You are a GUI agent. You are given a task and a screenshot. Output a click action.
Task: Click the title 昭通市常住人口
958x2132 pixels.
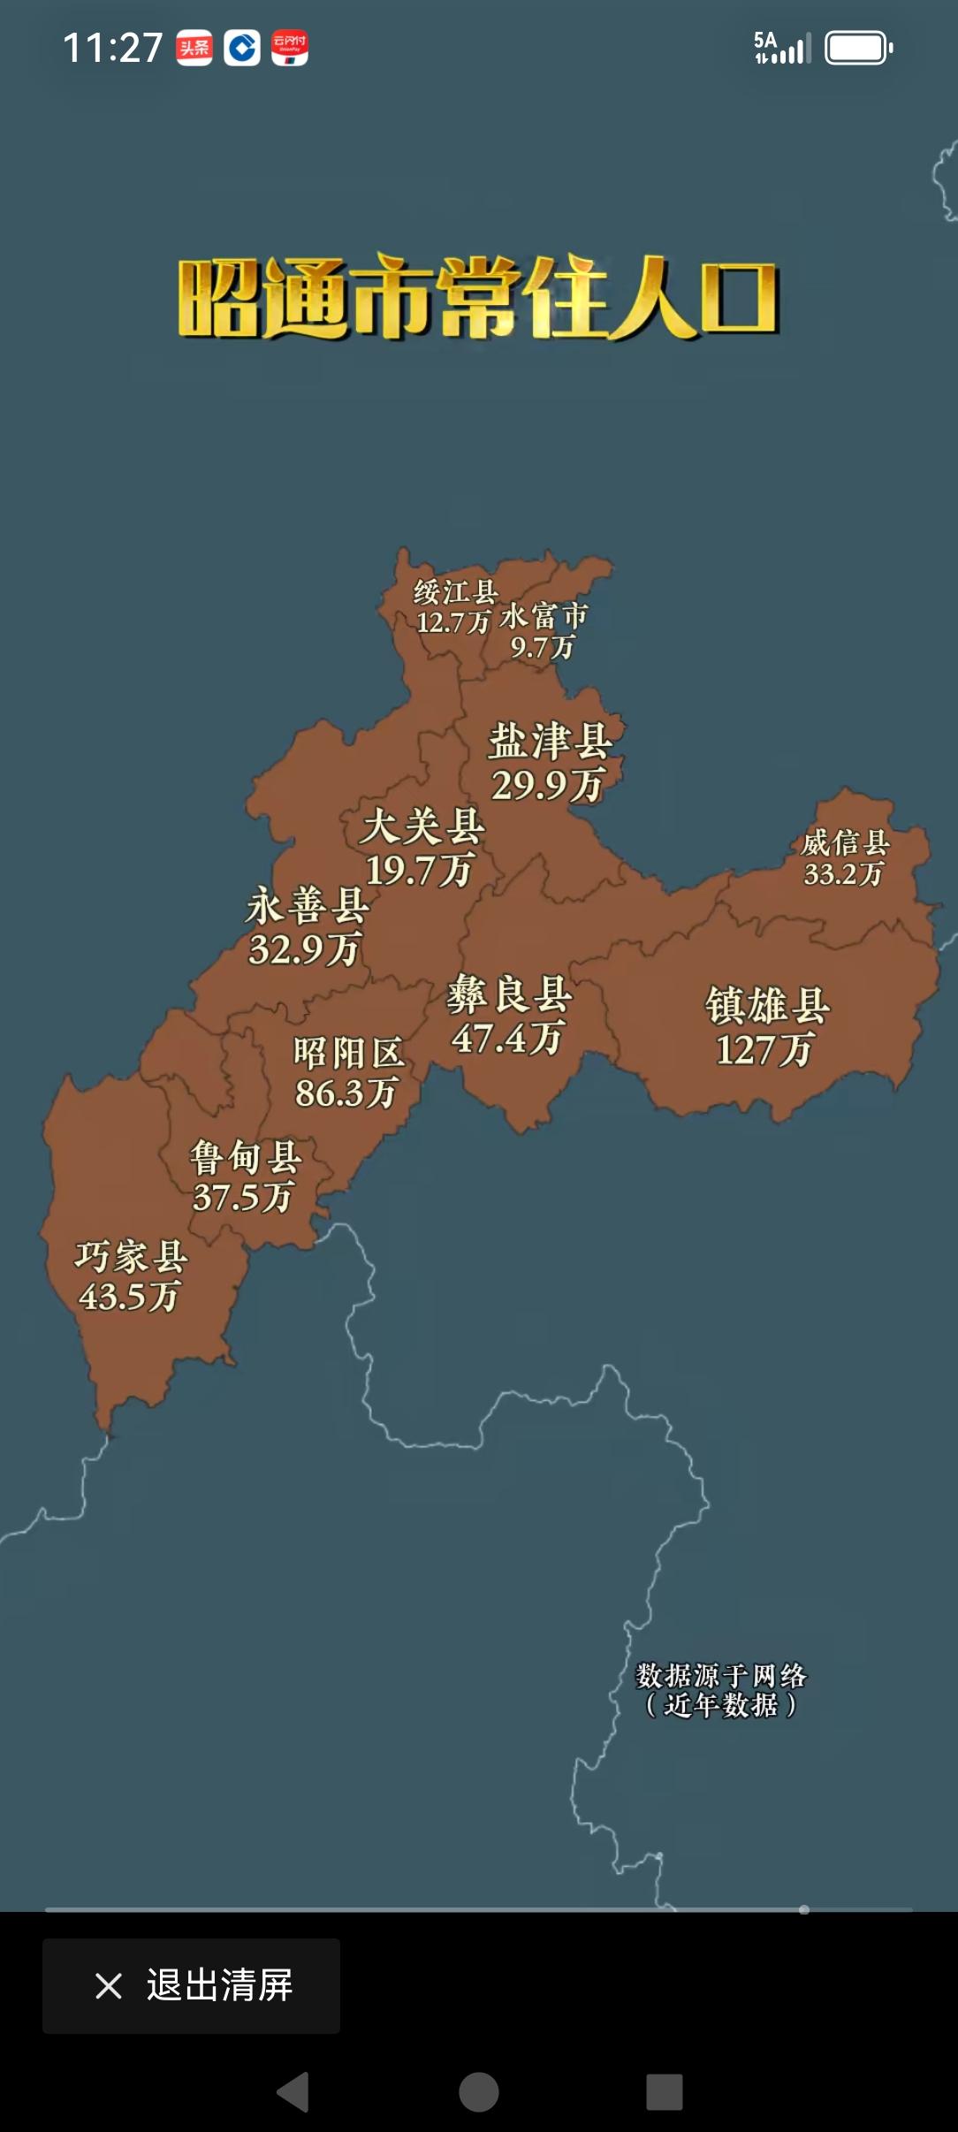pos(478,299)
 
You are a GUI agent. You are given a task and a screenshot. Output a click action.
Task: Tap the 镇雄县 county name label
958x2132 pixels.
pos(767,1005)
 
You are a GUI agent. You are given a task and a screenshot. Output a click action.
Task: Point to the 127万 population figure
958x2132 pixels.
pos(764,1050)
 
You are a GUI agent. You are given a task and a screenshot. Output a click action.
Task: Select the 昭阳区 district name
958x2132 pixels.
pos(348,1053)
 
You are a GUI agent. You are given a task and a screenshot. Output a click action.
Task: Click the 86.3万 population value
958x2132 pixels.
pos(346,1093)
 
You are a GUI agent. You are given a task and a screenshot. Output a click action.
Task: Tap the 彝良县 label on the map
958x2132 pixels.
pos(509,994)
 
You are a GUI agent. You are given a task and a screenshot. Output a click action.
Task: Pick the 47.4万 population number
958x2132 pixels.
pos(507,1038)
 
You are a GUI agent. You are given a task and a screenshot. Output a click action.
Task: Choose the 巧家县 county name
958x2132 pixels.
pos(131,1256)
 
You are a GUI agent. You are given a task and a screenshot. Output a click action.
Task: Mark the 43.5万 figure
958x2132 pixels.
pos(129,1297)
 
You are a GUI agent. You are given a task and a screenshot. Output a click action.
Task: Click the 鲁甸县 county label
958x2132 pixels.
pos(246,1157)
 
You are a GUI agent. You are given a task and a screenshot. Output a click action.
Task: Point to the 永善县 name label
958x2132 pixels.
pos(307,906)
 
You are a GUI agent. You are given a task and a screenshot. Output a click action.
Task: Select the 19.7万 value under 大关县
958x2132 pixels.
pos(420,871)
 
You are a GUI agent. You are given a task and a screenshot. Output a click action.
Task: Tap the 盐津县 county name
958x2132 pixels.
pos(550,741)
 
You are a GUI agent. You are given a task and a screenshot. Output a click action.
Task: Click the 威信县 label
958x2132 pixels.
pos(845,842)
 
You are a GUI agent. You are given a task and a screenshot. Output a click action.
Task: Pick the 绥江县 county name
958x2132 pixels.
pos(456,592)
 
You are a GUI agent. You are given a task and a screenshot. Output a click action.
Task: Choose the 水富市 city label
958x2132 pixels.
pos(544,616)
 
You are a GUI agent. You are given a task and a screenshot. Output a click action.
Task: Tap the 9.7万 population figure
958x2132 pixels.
pos(543,648)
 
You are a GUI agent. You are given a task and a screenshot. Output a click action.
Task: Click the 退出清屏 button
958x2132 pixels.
pos(192,1986)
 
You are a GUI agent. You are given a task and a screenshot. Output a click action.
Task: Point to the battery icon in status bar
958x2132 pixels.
pos(858,49)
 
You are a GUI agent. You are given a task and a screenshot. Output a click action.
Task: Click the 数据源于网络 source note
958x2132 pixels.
pos(721,1675)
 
